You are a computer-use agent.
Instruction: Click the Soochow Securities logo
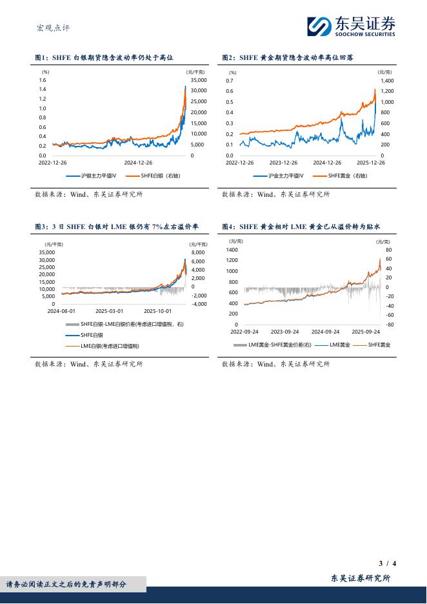351,26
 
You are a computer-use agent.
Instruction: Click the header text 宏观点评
53,28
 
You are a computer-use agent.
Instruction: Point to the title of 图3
116,226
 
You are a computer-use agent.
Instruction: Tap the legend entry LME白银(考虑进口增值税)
110,347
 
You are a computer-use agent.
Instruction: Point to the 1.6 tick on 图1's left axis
43,79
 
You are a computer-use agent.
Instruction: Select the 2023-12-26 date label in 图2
283,163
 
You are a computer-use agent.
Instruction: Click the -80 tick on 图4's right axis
389,325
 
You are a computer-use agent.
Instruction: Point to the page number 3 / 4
387,563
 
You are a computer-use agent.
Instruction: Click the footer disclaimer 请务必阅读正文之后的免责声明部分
66,584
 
